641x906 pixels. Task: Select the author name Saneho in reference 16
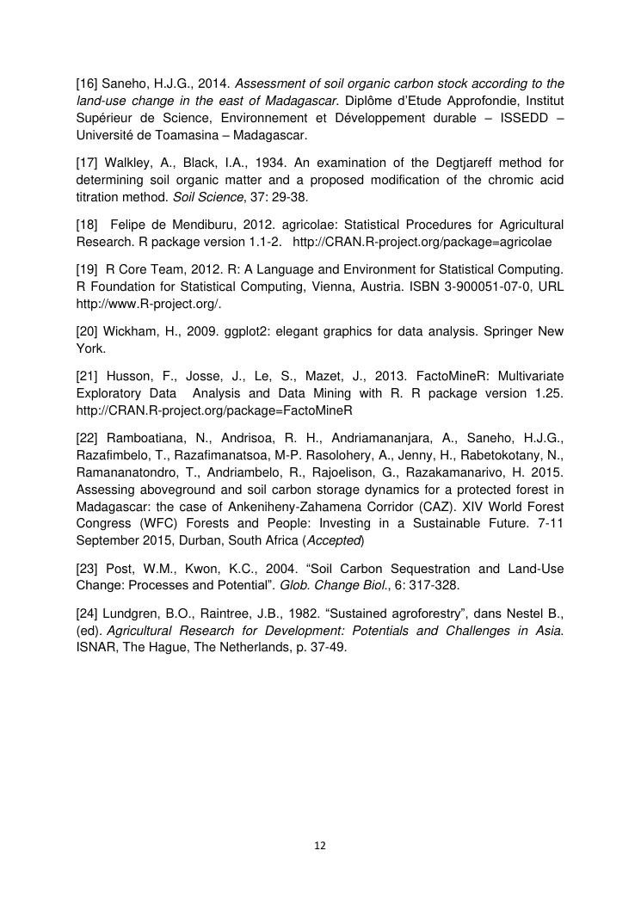pos(126,84)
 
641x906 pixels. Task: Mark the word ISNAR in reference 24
pos(95,647)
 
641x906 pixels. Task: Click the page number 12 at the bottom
pos(320,847)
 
